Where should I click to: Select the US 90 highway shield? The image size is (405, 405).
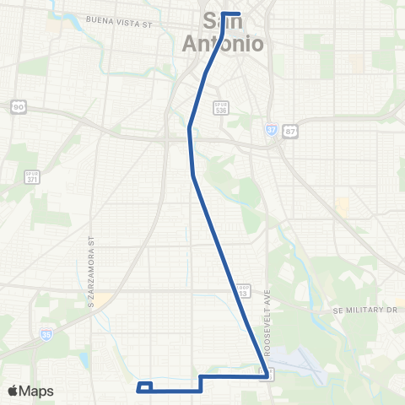coord(18,106)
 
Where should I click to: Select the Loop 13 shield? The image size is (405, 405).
coord(244,291)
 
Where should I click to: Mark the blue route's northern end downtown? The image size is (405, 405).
coord(240,13)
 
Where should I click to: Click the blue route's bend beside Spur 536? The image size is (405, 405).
coord(191,129)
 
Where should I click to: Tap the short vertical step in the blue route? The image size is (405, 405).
coord(201,384)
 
